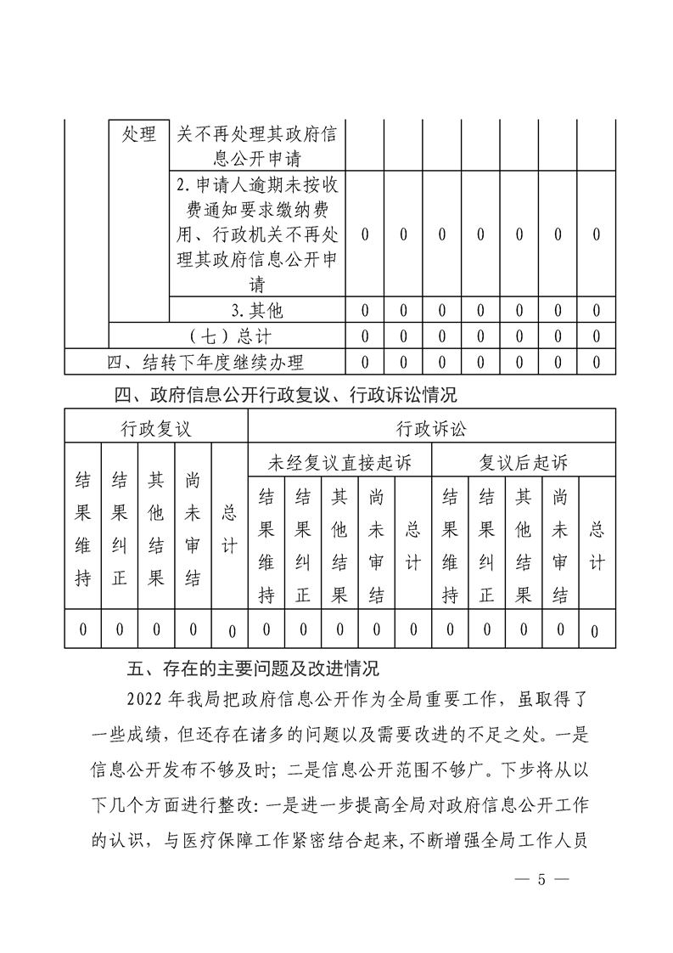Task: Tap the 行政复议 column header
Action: pyautogui.click(x=155, y=428)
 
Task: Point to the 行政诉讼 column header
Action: pyautogui.click(x=431, y=428)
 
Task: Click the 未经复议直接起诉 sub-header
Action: pyautogui.click(x=339, y=463)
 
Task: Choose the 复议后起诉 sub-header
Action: pyautogui.click(x=523, y=463)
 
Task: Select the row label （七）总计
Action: pyautogui.click(x=227, y=336)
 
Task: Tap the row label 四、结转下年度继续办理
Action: pyautogui.click(x=205, y=363)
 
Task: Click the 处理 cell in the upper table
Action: pyautogui.click(x=139, y=134)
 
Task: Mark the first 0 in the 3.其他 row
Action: pyautogui.click(x=364, y=310)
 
